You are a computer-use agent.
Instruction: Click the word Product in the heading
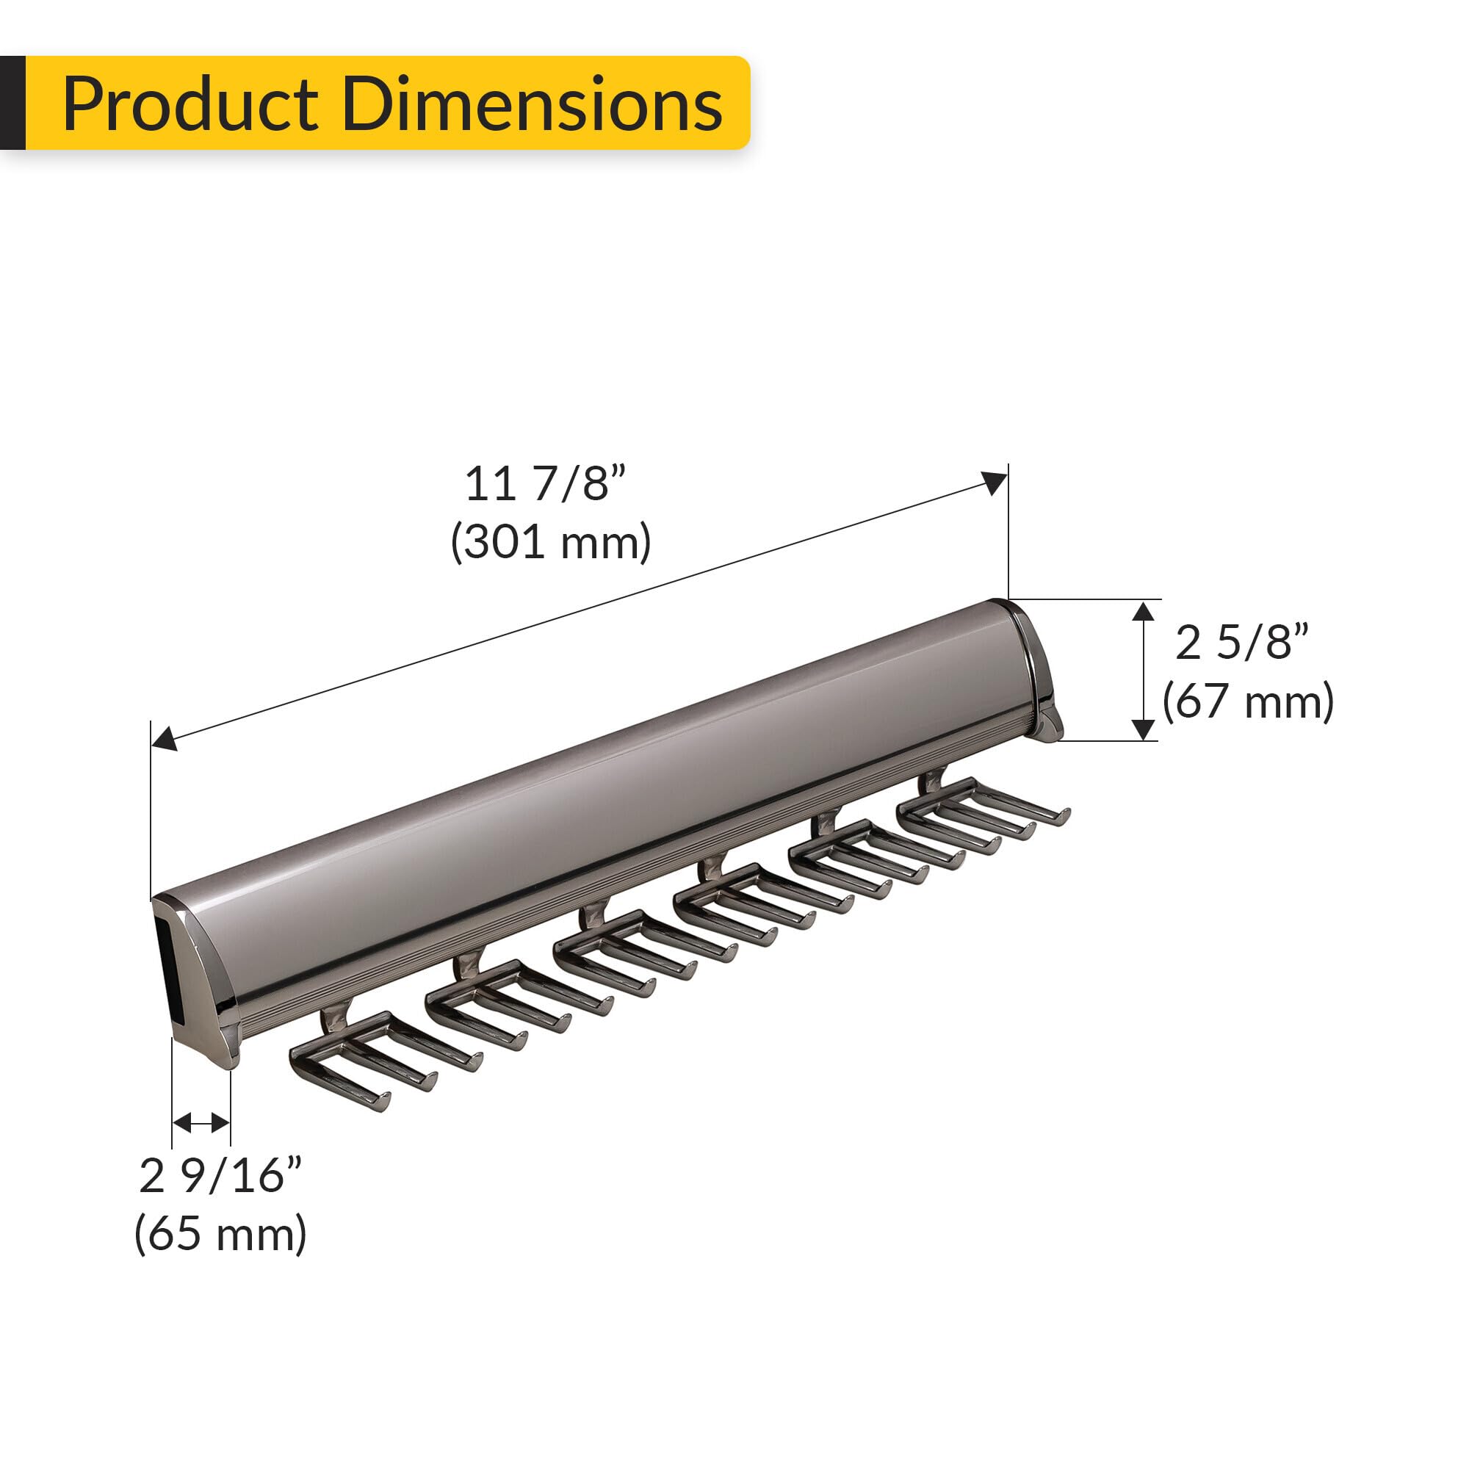point(190,104)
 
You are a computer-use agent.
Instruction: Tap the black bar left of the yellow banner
point(12,103)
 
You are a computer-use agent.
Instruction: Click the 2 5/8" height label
point(1241,643)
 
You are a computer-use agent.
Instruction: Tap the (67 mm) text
point(1248,700)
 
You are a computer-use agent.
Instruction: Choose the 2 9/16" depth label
point(220,1175)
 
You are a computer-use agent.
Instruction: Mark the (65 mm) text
point(220,1233)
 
